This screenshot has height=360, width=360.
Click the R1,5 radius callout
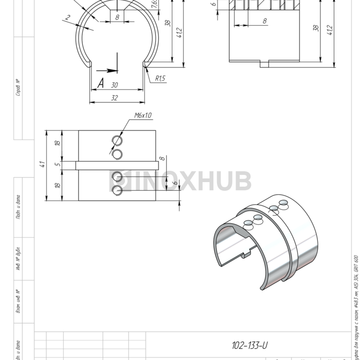(160, 79)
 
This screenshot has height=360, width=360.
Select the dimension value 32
(114, 98)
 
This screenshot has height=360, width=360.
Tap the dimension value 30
(114, 85)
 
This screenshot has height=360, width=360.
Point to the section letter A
(100, 83)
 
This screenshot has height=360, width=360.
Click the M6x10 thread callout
(142, 116)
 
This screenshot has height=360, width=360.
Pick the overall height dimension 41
(43, 165)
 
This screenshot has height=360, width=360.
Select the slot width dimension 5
(58, 165)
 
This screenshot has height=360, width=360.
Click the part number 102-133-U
(249, 346)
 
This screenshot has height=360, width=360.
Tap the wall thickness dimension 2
(67, 18)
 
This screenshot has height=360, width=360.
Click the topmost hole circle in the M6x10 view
(118, 141)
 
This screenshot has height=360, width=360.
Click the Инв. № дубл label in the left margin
(18, 259)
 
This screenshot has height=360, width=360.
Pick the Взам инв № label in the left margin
(18, 301)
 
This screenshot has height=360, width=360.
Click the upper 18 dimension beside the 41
(58, 143)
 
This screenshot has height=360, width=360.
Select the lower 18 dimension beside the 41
(58, 185)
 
